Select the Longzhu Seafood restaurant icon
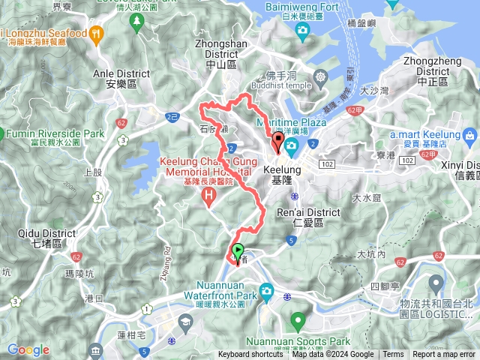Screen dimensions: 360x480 (96, 34)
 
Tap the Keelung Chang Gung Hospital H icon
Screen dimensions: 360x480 (208, 196)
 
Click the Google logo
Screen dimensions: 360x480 (28, 349)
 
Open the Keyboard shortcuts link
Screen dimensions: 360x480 (250, 355)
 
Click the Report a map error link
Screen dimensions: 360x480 (444, 355)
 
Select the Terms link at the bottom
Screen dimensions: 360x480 (393, 355)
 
